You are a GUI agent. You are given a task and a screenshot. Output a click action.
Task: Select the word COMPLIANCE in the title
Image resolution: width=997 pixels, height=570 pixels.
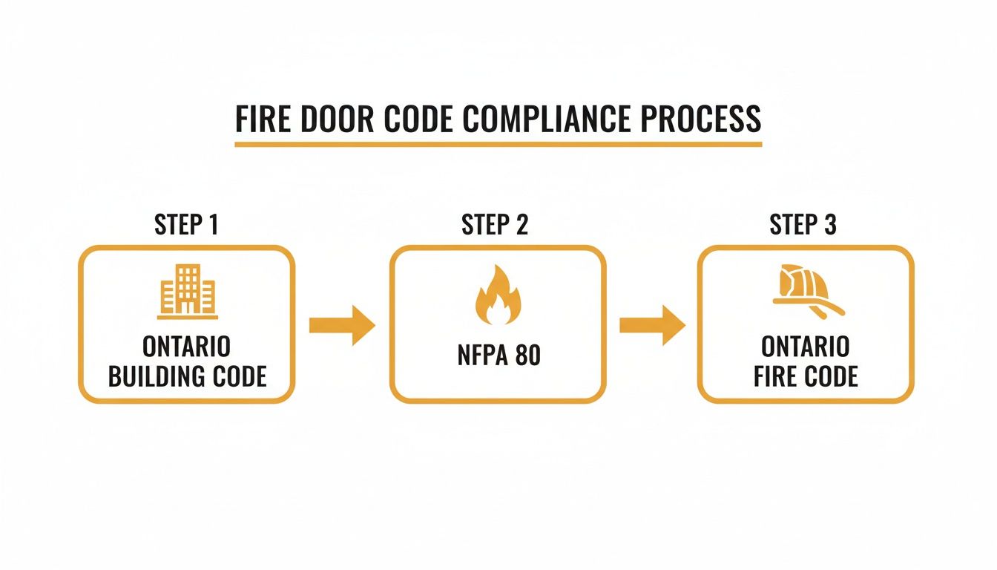click(x=554, y=119)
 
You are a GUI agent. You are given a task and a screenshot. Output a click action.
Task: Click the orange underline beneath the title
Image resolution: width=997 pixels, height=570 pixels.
click(x=498, y=143)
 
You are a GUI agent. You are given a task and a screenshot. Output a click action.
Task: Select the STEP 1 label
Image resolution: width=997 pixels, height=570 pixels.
click(x=186, y=225)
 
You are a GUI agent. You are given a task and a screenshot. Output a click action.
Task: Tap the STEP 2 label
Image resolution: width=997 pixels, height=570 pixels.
click(x=495, y=225)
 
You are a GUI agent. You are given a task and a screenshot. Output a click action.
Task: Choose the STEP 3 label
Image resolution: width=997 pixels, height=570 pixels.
click(x=803, y=225)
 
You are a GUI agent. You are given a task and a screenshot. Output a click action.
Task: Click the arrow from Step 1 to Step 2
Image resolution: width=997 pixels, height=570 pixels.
click(x=342, y=325)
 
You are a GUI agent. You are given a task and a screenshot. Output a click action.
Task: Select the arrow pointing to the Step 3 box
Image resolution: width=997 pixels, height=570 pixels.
click(x=652, y=325)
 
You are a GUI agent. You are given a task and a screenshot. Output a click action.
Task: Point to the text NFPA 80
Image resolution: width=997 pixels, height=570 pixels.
click(x=498, y=356)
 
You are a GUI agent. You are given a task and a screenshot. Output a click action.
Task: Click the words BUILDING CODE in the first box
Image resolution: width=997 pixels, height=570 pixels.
click(x=187, y=376)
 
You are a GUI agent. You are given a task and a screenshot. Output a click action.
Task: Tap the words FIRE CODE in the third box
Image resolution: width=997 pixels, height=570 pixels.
click(x=806, y=376)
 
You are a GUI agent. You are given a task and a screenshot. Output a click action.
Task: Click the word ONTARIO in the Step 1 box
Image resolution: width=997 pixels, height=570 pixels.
click(x=187, y=346)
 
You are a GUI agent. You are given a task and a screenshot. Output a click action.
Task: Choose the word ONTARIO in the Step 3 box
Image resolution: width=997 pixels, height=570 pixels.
click(x=806, y=346)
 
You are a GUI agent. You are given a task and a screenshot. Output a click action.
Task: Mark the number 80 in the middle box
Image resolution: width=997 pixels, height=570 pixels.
click(x=527, y=356)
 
